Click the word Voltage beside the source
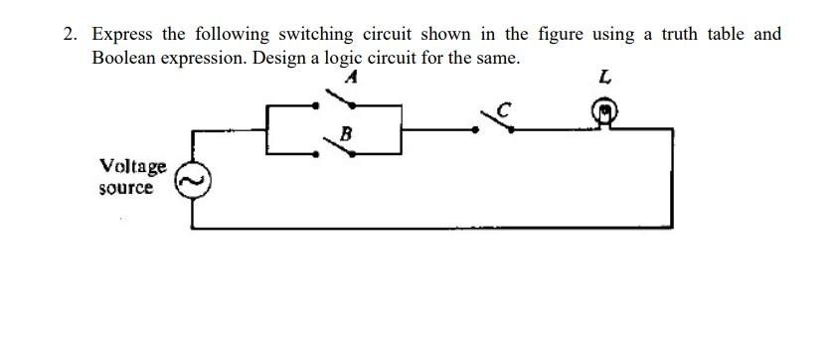[133, 166]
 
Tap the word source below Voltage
[126, 187]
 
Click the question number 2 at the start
[70, 34]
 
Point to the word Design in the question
[279, 57]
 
